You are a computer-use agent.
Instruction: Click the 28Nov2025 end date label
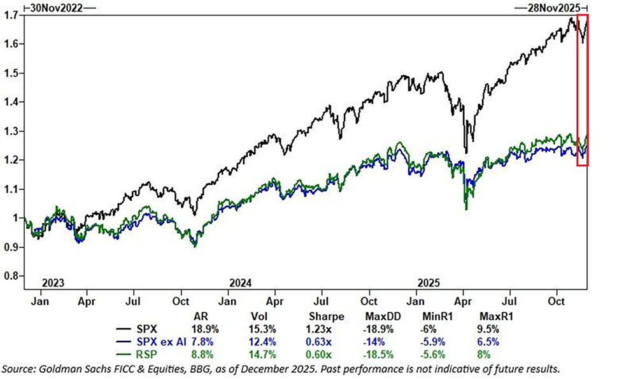(551, 8)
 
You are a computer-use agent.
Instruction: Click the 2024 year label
(239, 283)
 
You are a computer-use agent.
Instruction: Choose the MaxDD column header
(385, 317)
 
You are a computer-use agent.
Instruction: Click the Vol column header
(266, 317)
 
